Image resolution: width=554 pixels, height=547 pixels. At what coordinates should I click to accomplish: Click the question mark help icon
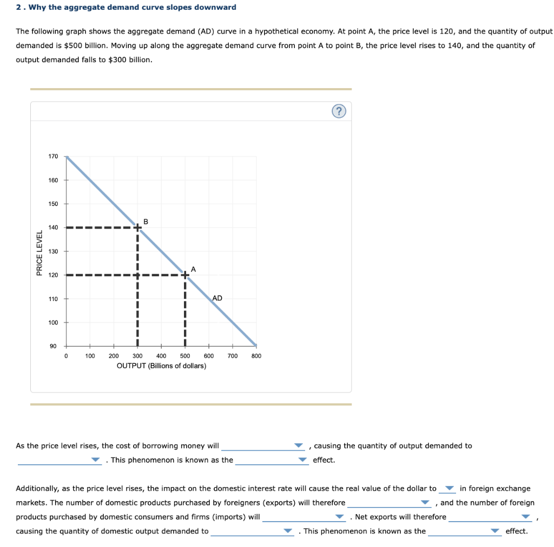pos(339,112)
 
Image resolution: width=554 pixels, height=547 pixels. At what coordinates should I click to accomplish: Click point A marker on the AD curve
pos(185,275)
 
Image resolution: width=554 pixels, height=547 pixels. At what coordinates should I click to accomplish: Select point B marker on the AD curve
pos(137,228)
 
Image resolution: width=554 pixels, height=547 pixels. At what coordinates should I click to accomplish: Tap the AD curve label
pos(217,298)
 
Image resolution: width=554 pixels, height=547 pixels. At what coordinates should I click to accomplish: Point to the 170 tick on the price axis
pos(53,156)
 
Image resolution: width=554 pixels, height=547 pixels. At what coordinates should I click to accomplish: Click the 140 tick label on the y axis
pos(53,228)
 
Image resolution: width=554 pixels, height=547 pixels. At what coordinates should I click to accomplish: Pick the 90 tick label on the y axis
pos(53,346)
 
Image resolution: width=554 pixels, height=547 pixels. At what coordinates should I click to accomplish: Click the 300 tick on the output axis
pos(137,356)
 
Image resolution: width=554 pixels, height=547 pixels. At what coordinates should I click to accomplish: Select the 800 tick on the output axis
pos(256,356)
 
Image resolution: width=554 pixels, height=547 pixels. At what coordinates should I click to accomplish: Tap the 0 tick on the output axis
pos(66,356)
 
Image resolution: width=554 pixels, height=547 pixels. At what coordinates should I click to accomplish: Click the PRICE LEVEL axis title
pos(39,252)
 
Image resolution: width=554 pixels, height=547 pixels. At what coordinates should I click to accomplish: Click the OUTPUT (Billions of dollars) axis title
pos(161,366)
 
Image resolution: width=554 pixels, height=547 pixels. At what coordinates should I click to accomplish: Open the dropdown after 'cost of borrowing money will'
pos(263,446)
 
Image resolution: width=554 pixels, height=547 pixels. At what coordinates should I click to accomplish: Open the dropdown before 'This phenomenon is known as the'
pos(60,461)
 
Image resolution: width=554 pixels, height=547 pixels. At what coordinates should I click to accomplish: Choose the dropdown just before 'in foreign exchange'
pos(448,489)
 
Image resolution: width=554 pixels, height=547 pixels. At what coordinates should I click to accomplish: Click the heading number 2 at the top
pos(18,7)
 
